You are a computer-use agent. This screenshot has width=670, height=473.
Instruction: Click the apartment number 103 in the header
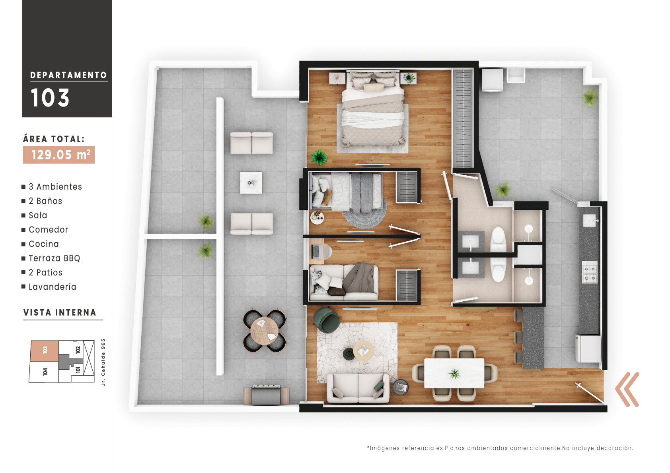click(50, 98)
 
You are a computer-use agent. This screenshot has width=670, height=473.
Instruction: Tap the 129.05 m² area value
click(59, 155)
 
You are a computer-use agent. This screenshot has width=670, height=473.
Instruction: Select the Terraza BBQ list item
click(55, 258)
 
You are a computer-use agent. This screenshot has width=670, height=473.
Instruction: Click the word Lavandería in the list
click(53, 287)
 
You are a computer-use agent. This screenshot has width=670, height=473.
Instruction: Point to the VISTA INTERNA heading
click(60, 313)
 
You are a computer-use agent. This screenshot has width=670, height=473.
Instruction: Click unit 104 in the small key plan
click(45, 372)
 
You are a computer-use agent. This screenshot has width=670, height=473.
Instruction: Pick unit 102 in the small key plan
click(78, 350)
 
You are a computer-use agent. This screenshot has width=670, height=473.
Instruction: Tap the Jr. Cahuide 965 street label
click(103, 362)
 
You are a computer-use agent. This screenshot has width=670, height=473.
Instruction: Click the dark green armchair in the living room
click(326, 320)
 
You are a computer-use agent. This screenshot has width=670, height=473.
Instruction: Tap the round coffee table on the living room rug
click(363, 351)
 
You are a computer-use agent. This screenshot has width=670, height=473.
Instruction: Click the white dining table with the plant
click(454, 373)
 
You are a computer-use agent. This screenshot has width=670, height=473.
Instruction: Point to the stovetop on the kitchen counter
click(590, 272)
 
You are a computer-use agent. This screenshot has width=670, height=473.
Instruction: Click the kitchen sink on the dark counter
click(589, 220)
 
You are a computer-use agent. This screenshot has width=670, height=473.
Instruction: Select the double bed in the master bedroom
click(373, 109)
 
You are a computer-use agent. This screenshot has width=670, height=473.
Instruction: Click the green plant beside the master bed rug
click(319, 157)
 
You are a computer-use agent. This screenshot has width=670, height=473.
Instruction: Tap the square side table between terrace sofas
click(251, 183)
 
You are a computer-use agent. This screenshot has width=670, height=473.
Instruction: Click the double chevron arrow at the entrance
click(627, 390)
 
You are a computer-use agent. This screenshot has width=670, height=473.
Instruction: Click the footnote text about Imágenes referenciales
click(500, 448)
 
